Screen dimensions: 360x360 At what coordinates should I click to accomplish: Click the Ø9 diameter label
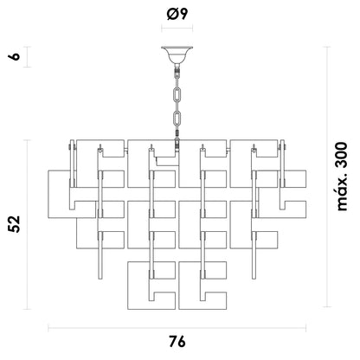(177, 14)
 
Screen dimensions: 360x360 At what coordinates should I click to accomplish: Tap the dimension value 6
(15, 56)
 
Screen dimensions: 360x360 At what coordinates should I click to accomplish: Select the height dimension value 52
(15, 224)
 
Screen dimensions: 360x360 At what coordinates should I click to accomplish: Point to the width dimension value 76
(177, 343)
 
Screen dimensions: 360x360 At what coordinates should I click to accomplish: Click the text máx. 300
(343, 177)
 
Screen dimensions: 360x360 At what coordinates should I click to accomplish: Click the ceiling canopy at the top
(177, 55)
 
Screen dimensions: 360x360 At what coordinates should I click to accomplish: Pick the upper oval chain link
(177, 94)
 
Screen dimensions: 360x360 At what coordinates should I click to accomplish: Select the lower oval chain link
(177, 118)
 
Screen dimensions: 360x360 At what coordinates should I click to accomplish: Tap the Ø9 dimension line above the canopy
(177, 29)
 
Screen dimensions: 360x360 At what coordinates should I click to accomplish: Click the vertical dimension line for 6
(28, 57)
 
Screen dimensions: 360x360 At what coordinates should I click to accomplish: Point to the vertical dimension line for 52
(28, 225)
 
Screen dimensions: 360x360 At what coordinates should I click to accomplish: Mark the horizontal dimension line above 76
(177, 328)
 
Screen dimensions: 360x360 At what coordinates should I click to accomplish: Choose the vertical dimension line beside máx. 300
(327, 177)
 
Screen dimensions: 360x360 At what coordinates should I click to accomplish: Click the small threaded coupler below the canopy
(177, 70)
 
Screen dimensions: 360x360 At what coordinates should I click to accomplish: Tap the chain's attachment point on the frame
(177, 145)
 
